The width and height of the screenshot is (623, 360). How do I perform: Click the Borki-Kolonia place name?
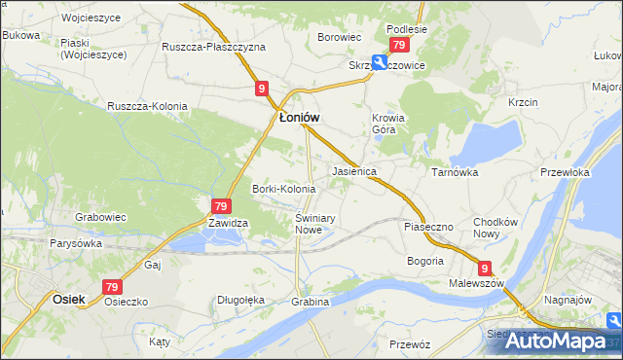283,189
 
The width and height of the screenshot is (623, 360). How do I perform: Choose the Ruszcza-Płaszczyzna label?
213,47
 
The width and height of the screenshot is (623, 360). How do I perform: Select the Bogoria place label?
424,261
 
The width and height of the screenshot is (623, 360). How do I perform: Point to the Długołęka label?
240,301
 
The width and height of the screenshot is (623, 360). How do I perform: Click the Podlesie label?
406,29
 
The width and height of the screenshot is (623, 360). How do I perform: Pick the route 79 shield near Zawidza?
220,206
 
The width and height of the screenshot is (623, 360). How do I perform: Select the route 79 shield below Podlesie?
398,46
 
